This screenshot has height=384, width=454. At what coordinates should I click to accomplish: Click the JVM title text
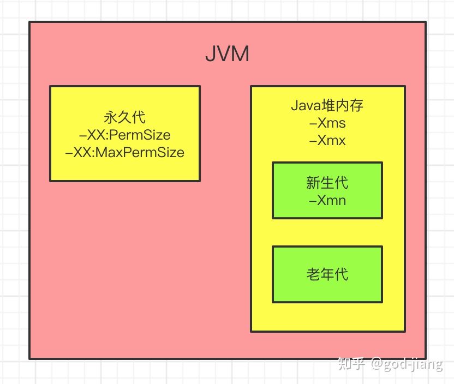pos(227,55)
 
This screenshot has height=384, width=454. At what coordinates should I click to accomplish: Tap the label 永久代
pos(125,117)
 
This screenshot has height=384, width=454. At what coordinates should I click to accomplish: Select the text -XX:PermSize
pos(125,135)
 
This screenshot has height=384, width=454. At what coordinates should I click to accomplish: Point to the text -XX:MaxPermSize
pos(125,152)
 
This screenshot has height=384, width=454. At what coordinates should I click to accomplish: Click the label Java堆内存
pos(327,105)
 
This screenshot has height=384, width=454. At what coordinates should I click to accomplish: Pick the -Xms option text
pos(327,123)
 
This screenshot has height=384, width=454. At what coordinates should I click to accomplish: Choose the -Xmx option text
pos(327,140)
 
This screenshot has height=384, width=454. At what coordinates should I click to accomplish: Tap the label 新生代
pos(327,182)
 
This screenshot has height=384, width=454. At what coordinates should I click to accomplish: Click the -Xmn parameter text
pos(327,200)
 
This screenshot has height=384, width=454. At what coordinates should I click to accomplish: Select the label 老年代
pos(327,274)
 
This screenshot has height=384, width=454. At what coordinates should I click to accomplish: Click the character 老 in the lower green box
pos(314,274)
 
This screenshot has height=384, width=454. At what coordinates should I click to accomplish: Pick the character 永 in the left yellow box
pos(111,117)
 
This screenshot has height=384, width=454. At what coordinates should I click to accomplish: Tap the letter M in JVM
pos(240,55)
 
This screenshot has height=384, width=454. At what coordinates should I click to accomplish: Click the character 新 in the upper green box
pos(314,182)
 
